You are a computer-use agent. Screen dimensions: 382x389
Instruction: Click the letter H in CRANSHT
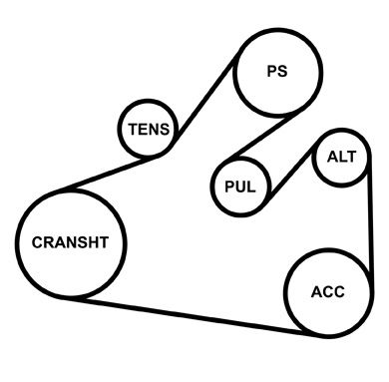coord(96,243)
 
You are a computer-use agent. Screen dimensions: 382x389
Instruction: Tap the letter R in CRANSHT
coord(47,243)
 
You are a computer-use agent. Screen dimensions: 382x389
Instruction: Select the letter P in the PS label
coord(271,72)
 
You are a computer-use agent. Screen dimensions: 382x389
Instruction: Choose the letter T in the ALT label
coord(352,159)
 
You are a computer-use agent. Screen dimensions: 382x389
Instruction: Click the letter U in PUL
coord(239,186)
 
